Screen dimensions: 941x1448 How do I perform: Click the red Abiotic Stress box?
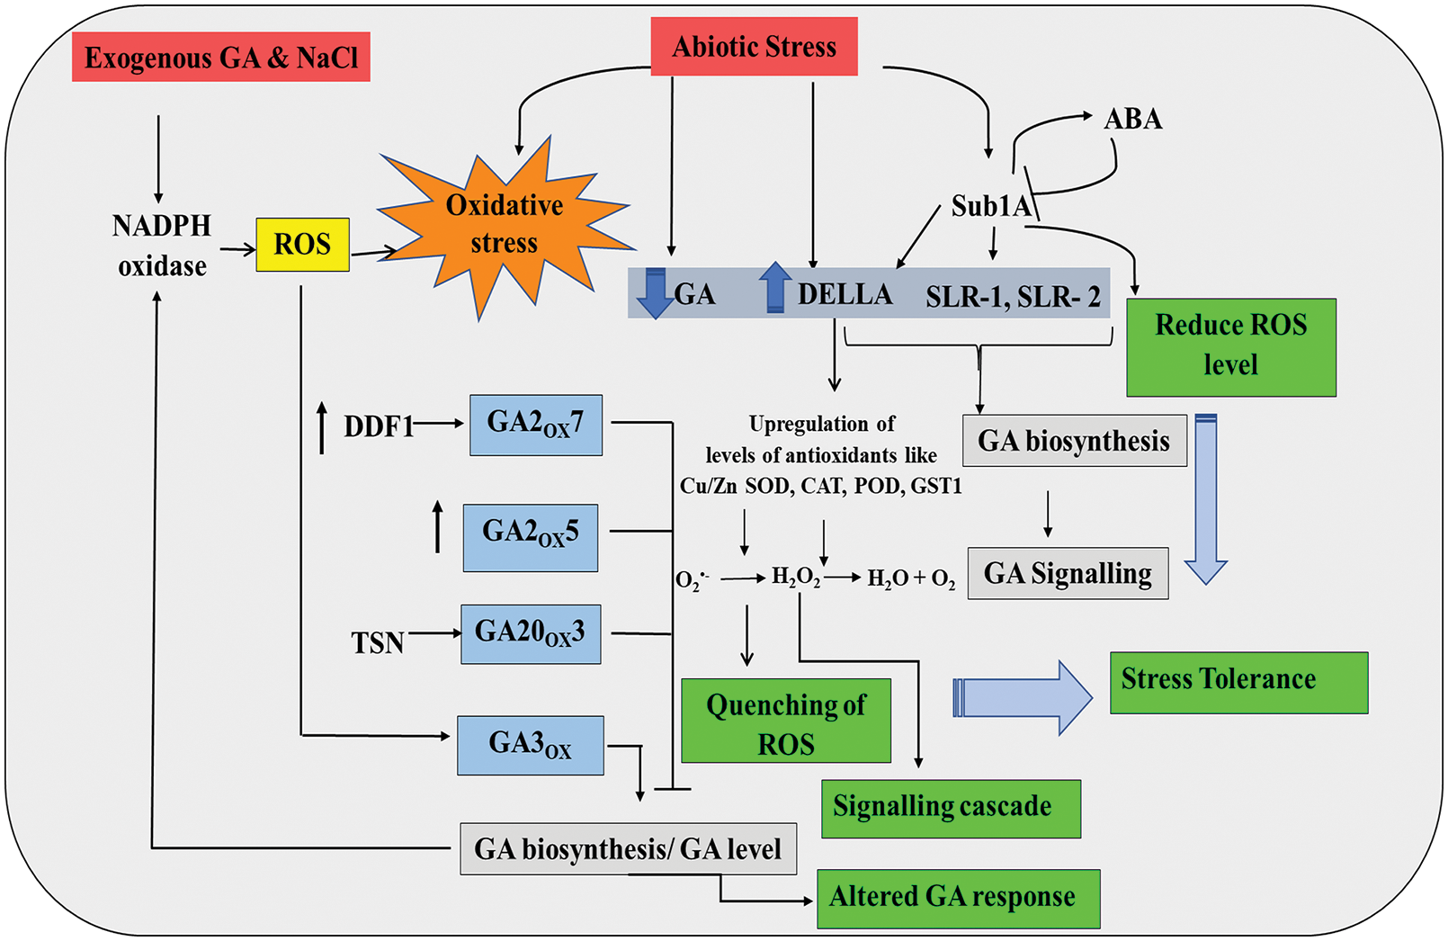754,47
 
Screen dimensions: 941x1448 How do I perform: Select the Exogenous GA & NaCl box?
221,58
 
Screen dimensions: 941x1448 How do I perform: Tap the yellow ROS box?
302,244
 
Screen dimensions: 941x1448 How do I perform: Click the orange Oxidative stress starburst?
505,225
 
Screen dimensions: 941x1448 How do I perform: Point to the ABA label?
1132,119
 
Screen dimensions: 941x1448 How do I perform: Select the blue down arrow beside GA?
655,293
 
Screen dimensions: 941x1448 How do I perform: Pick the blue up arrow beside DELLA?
774,287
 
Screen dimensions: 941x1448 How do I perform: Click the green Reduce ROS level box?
1230,346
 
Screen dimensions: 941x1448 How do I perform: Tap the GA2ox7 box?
536,425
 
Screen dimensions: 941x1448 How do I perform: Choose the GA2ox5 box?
531,537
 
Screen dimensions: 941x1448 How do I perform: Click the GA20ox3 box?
531,634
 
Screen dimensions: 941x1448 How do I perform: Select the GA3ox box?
531,745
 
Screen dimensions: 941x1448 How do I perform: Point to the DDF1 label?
378,426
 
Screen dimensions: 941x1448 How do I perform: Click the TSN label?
378,643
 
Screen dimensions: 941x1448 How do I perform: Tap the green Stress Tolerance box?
1238,682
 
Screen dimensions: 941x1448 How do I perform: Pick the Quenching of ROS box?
786,721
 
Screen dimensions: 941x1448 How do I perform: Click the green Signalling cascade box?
951,808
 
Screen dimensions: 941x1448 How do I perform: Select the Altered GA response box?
958,898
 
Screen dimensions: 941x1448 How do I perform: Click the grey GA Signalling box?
1068,573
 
